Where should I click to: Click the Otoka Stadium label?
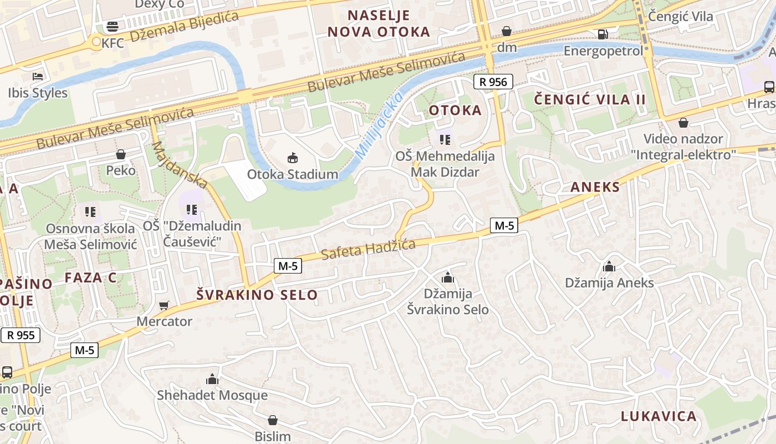pyautogui.click(x=292, y=174)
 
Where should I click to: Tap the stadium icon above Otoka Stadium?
pyautogui.click(x=292, y=158)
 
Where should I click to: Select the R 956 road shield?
pyautogui.click(x=493, y=82)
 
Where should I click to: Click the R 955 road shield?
pyautogui.click(x=21, y=335)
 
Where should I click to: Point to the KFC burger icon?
pyautogui.click(x=113, y=27)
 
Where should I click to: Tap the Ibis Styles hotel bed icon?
pyautogui.click(x=38, y=76)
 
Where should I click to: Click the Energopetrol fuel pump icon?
pyautogui.click(x=603, y=34)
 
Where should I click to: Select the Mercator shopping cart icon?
pyautogui.click(x=164, y=305)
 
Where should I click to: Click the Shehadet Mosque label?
pyautogui.click(x=212, y=395)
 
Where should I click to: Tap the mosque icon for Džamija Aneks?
pyautogui.click(x=609, y=266)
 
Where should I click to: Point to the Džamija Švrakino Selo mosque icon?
pyautogui.click(x=448, y=277)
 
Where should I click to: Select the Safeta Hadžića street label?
pyautogui.click(x=368, y=250)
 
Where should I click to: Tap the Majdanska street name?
pyautogui.click(x=180, y=164)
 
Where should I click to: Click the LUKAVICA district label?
pyautogui.click(x=658, y=416)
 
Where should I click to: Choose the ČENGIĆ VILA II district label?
pyautogui.click(x=590, y=100)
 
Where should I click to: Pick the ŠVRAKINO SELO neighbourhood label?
pyautogui.click(x=257, y=295)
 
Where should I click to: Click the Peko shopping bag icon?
pyautogui.click(x=121, y=154)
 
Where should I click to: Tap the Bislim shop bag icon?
pyautogui.click(x=272, y=420)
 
